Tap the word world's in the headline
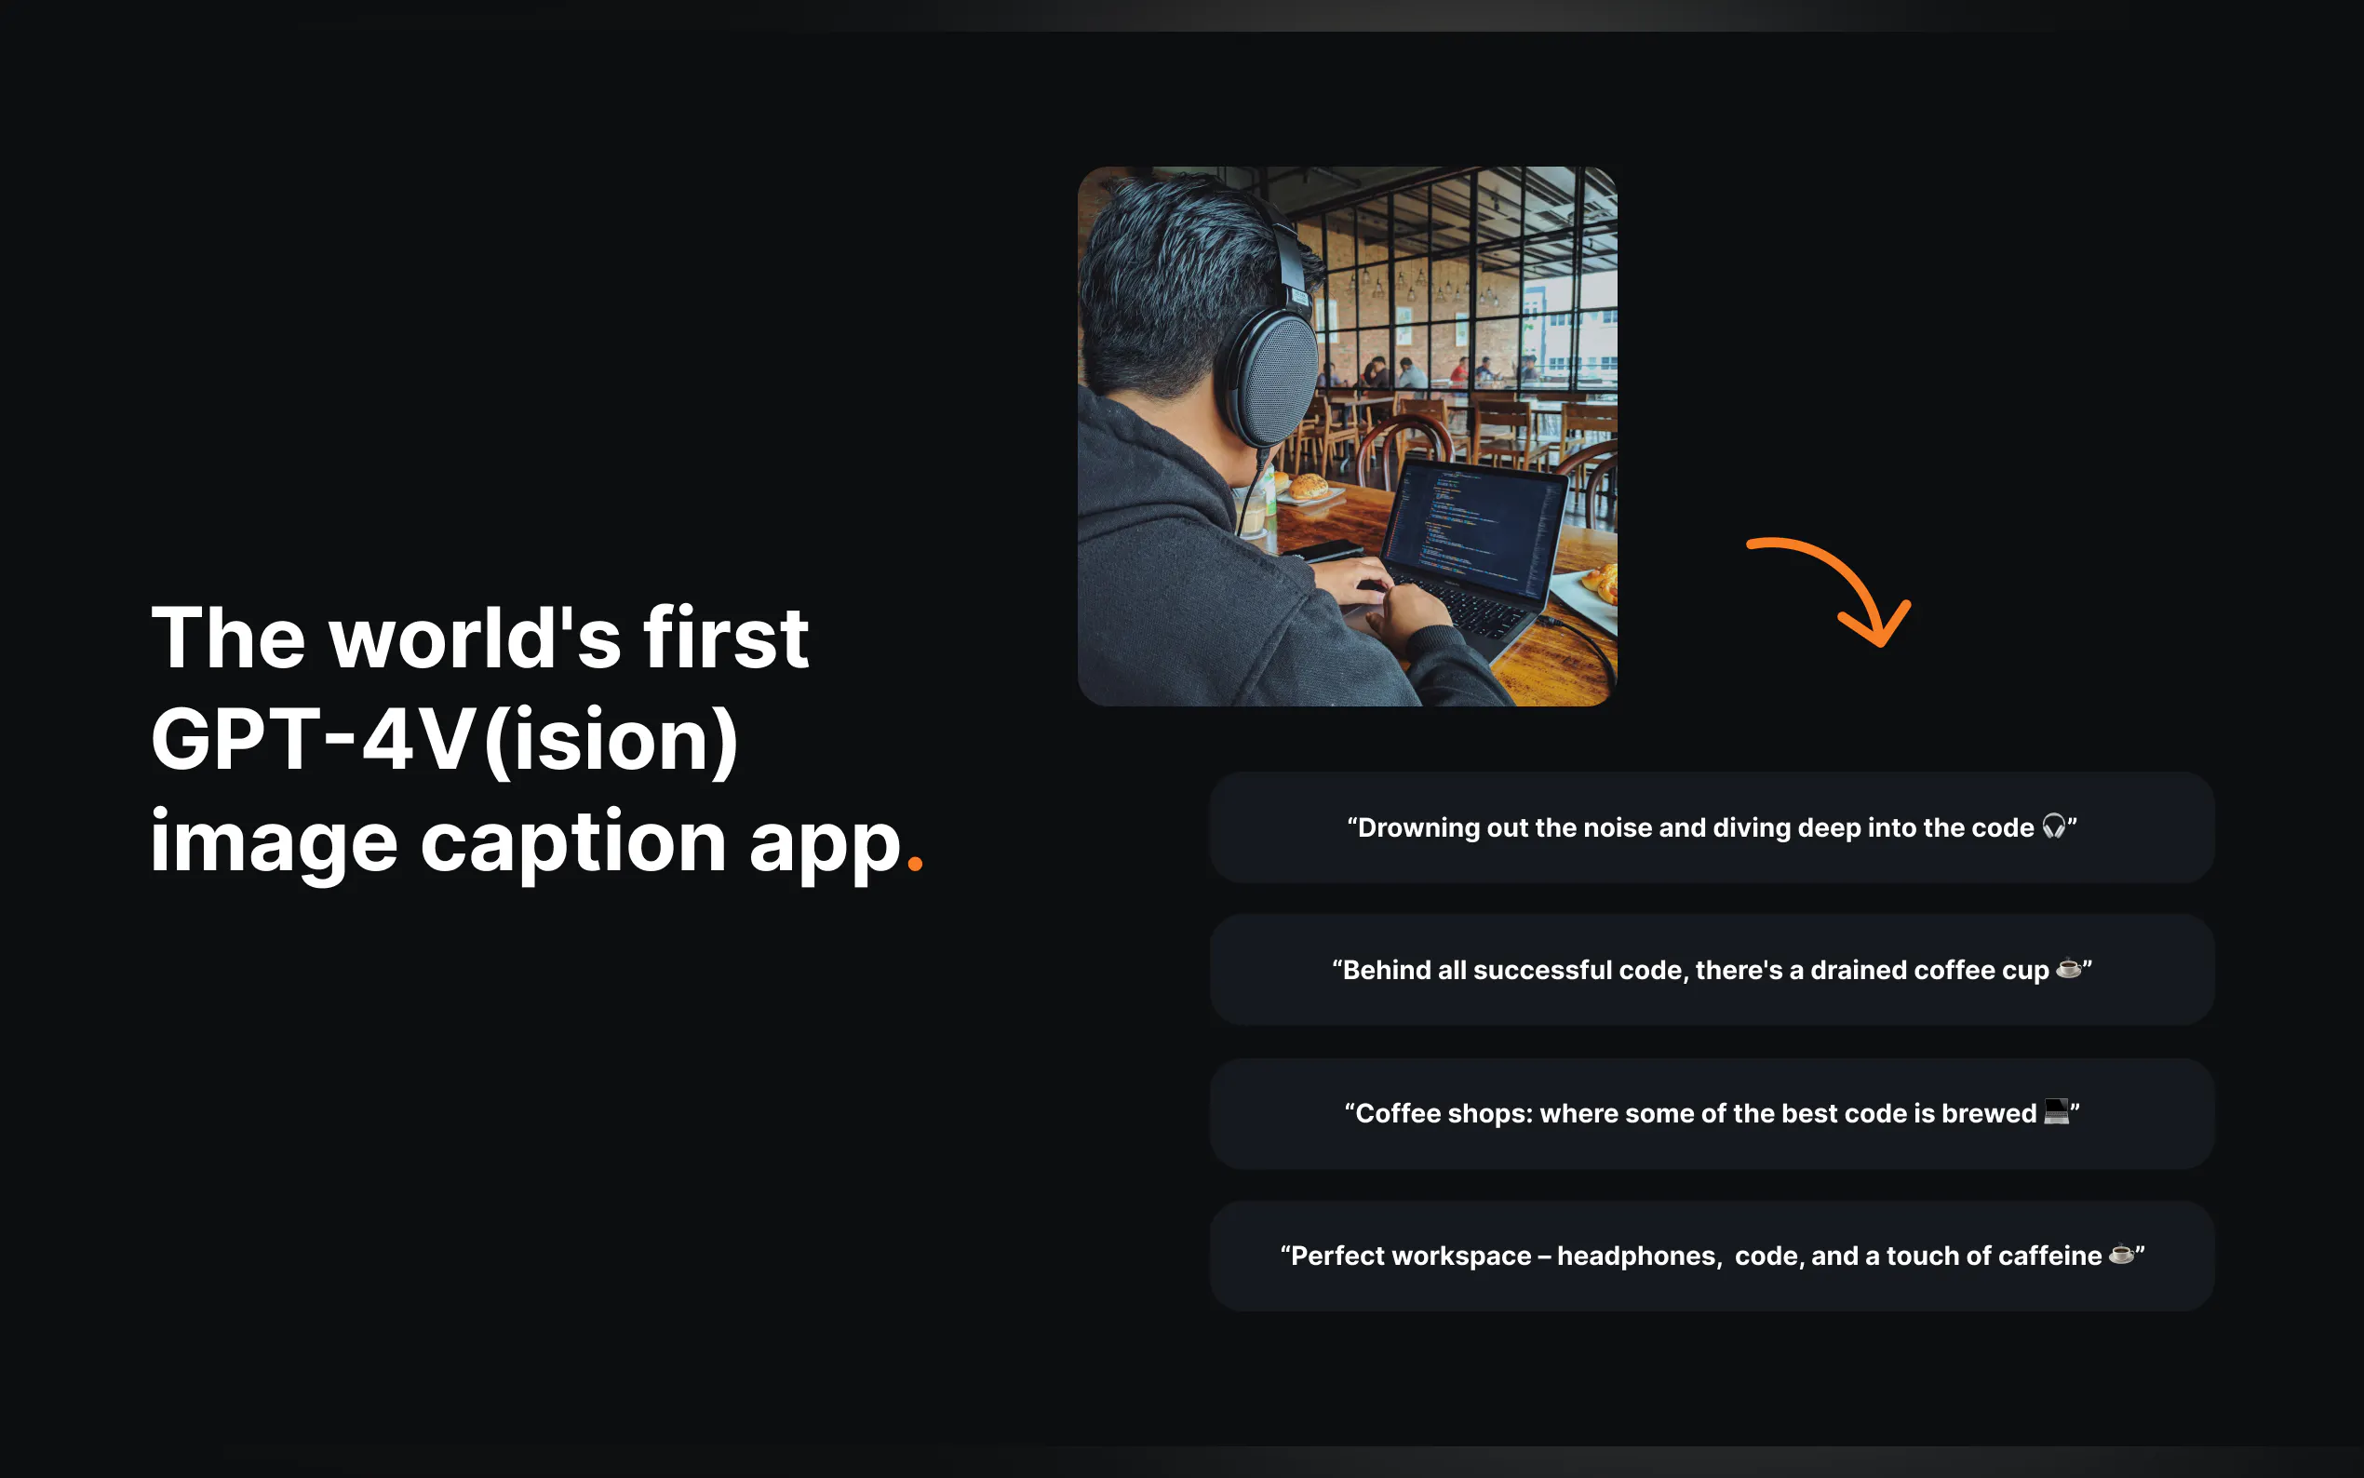475,638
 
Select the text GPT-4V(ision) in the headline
445,740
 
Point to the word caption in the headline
572,842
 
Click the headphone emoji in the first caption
2053,827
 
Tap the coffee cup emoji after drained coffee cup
2068,969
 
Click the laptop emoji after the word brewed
2056,1112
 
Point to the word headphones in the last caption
1637,1256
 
